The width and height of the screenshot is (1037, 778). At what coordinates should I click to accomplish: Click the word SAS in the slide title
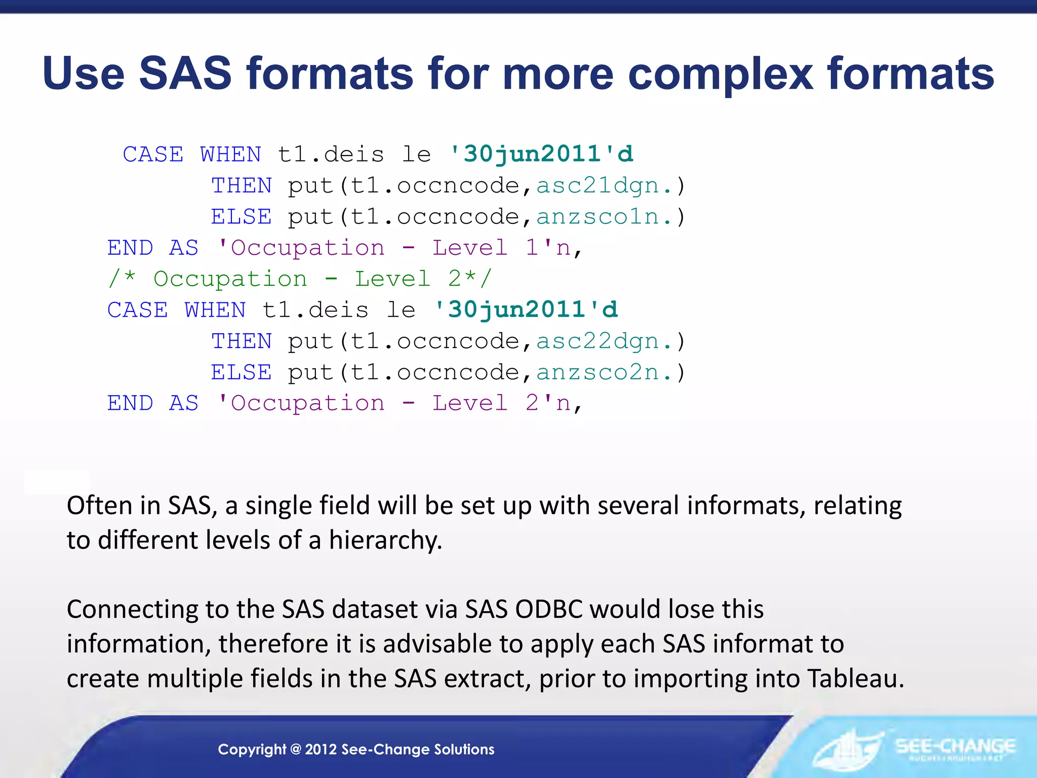click(x=185, y=73)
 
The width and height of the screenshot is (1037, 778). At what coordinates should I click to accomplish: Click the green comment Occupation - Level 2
click(x=299, y=279)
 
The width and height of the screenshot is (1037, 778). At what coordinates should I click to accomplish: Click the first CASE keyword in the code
click(x=153, y=154)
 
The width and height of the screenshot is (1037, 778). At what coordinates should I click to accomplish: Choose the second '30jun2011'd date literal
click(x=526, y=309)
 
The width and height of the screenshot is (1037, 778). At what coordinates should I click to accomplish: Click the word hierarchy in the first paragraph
click(x=385, y=540)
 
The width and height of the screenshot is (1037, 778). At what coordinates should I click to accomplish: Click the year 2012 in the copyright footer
click(x=321, y=749)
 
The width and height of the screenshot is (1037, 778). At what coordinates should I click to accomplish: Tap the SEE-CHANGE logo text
click(x=955, y=746)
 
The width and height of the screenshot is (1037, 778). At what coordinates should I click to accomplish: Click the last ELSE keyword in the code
click(x=242, y=373)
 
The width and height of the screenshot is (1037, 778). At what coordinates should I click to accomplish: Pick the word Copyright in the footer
click(x=252, y=749)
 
